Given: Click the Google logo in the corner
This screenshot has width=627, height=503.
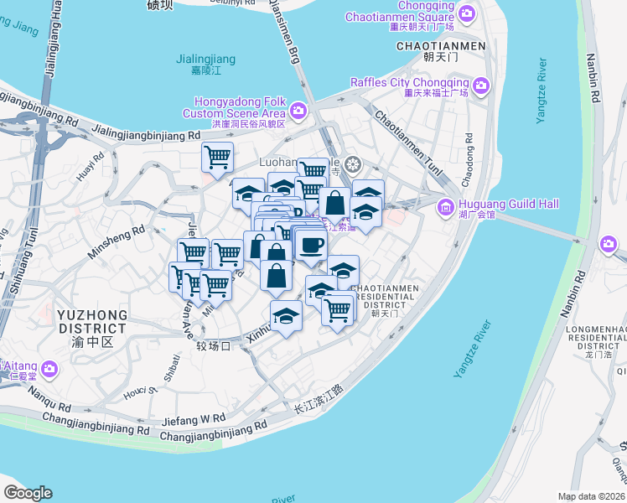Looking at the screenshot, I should (x=28, y=493).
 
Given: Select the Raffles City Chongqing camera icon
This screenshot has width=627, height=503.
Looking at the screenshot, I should (x=481, y=85).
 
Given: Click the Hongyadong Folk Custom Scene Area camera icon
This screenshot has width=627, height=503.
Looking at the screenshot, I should (x=298, y=110).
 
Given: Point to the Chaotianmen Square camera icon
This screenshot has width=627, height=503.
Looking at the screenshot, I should (x=467, y=13).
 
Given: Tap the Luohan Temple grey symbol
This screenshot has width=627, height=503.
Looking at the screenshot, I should (x=353, y=163).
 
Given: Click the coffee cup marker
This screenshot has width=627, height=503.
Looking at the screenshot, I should (x=311, y=246).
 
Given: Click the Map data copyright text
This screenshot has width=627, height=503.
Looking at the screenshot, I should (x=592, y=496).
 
